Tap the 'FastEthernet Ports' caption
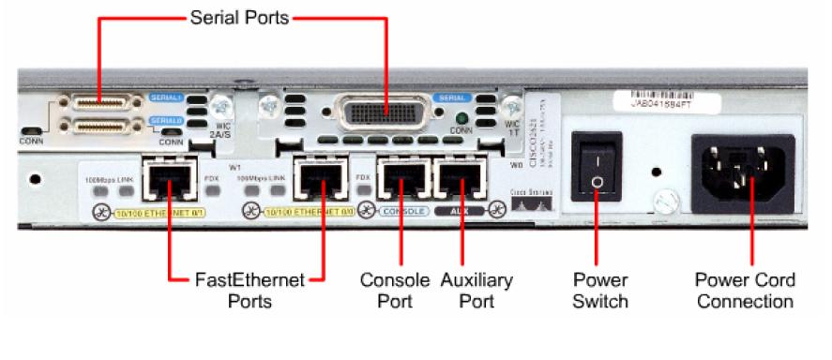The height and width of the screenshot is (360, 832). (240, 291)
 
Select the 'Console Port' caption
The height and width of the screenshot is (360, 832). (395, 291)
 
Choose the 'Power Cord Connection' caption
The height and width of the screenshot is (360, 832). (745, 291)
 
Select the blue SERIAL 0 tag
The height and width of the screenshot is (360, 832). (165, 120)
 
